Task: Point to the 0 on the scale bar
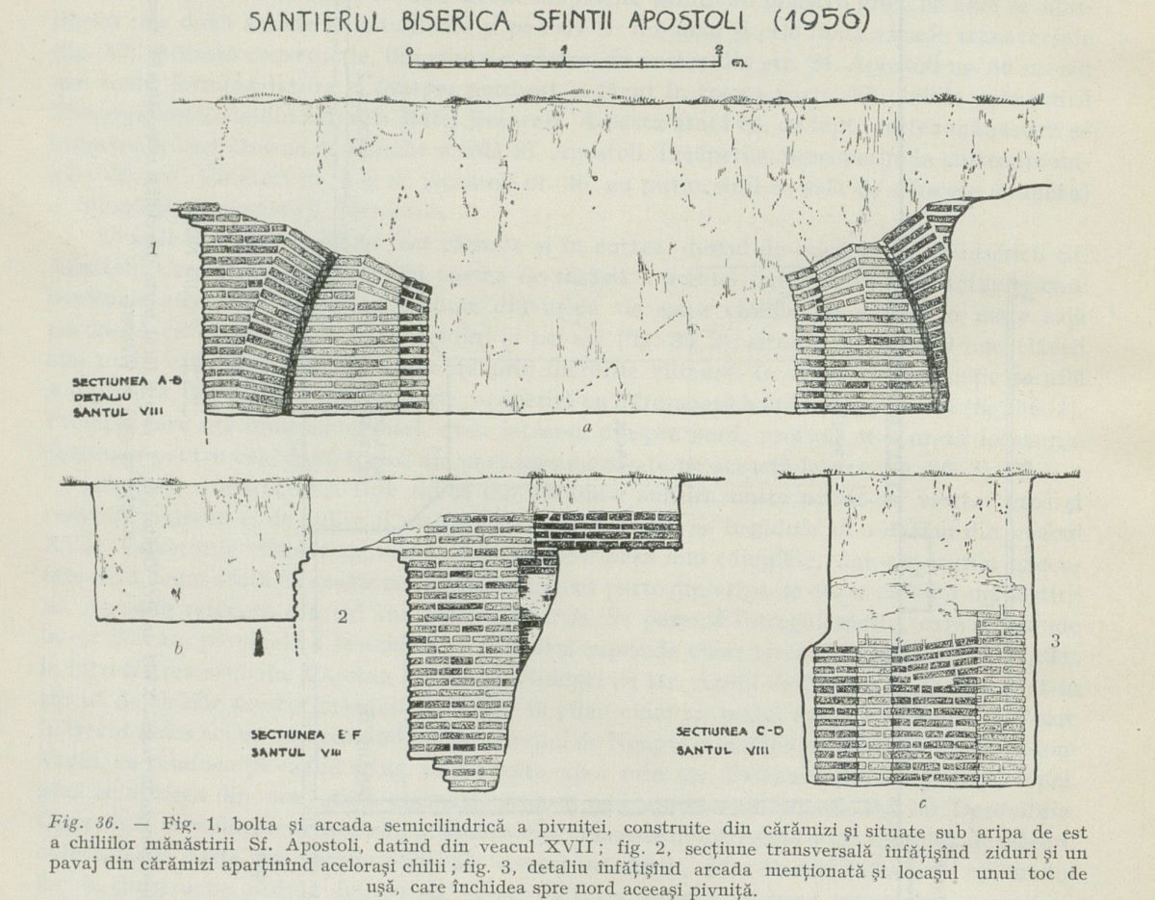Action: [409, 49]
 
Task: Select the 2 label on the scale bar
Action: [719, 48]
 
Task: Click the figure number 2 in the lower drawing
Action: [342, 617]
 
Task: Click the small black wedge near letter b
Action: [259, 644]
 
